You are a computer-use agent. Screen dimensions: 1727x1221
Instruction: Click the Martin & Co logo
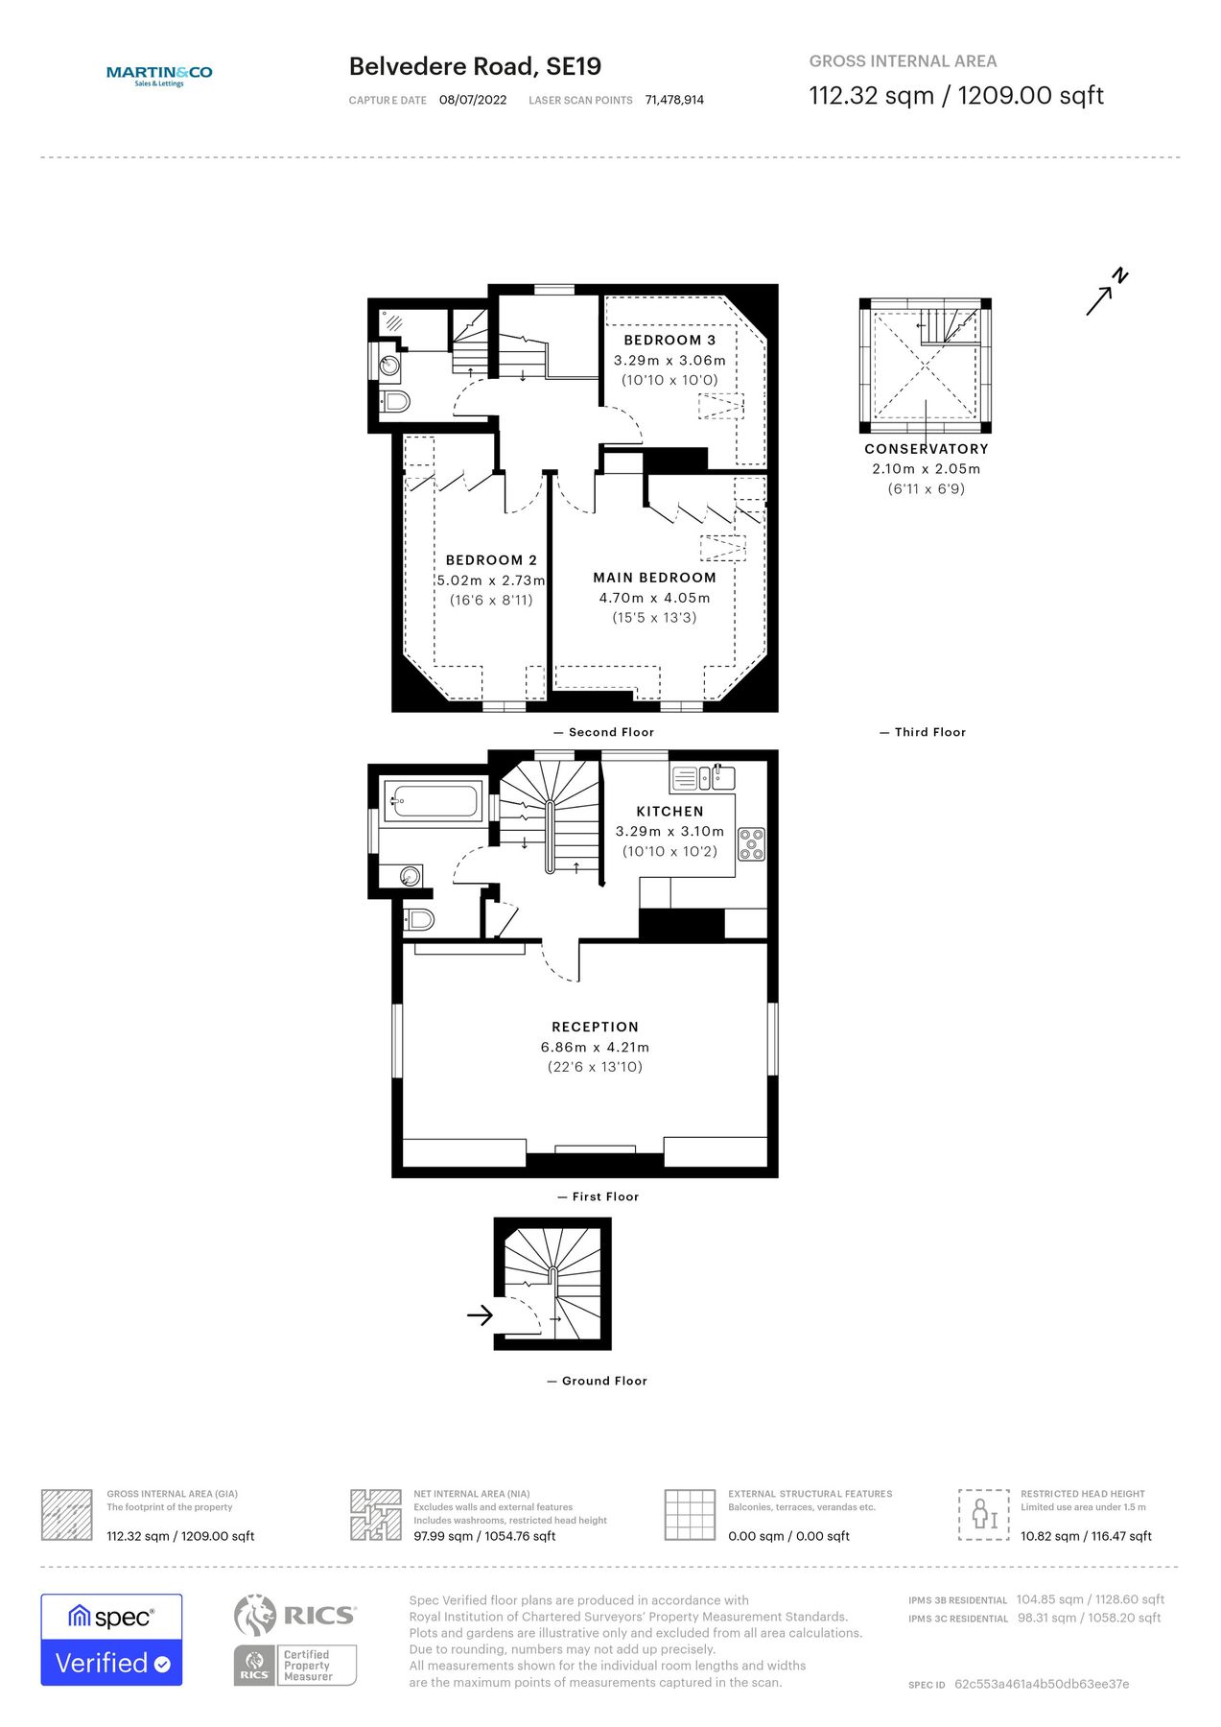click(x=159, y=75)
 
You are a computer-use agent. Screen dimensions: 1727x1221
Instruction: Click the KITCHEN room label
click(x=669, y=811)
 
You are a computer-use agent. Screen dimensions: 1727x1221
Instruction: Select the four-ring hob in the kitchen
click(x=751, y=844)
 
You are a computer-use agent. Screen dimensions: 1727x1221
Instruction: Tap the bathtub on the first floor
click(x=433, y=801)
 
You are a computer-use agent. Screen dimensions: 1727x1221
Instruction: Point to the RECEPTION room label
click(x=595, y=1027)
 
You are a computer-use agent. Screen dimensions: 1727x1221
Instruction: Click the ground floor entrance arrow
click(x=480, y=1314)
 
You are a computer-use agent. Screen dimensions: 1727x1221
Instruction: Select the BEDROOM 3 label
click(x=669, y=340)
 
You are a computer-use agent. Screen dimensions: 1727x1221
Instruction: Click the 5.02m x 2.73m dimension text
click(x=491, y=580)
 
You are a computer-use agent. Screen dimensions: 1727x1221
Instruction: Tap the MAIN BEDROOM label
click(x=654, y=578)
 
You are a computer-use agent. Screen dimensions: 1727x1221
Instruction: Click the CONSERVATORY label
click(x=926, y=449)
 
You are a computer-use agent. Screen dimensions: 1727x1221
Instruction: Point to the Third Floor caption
click(x=929, y=732)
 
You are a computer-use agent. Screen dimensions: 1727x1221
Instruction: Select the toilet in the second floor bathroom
click(x=395, y=401)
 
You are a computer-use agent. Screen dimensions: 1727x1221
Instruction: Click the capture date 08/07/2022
click(x=473, y=100)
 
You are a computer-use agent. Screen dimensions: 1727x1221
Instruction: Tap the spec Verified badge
click(x=111, y=1640)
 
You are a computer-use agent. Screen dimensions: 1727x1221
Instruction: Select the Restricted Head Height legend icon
click(x=983, y=1515)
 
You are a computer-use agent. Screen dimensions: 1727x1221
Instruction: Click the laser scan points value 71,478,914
click(x=674, y=100)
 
